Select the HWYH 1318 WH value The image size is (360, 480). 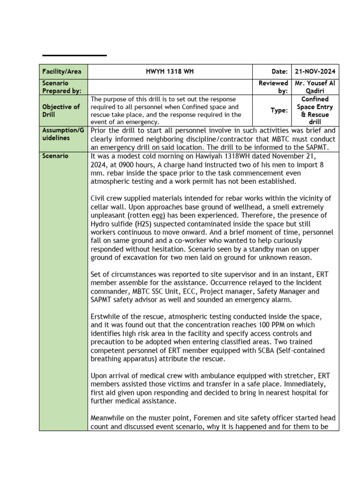[170, 71]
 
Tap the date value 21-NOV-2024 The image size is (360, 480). [315, 71]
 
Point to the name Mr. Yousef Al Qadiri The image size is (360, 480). [315, 87]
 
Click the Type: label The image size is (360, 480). [280, 111]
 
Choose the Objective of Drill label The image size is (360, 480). [61, 111]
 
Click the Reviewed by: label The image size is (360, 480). [273, 87]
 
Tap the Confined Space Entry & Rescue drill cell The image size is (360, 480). [315, 111]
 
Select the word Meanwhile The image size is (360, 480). [109, 418]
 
